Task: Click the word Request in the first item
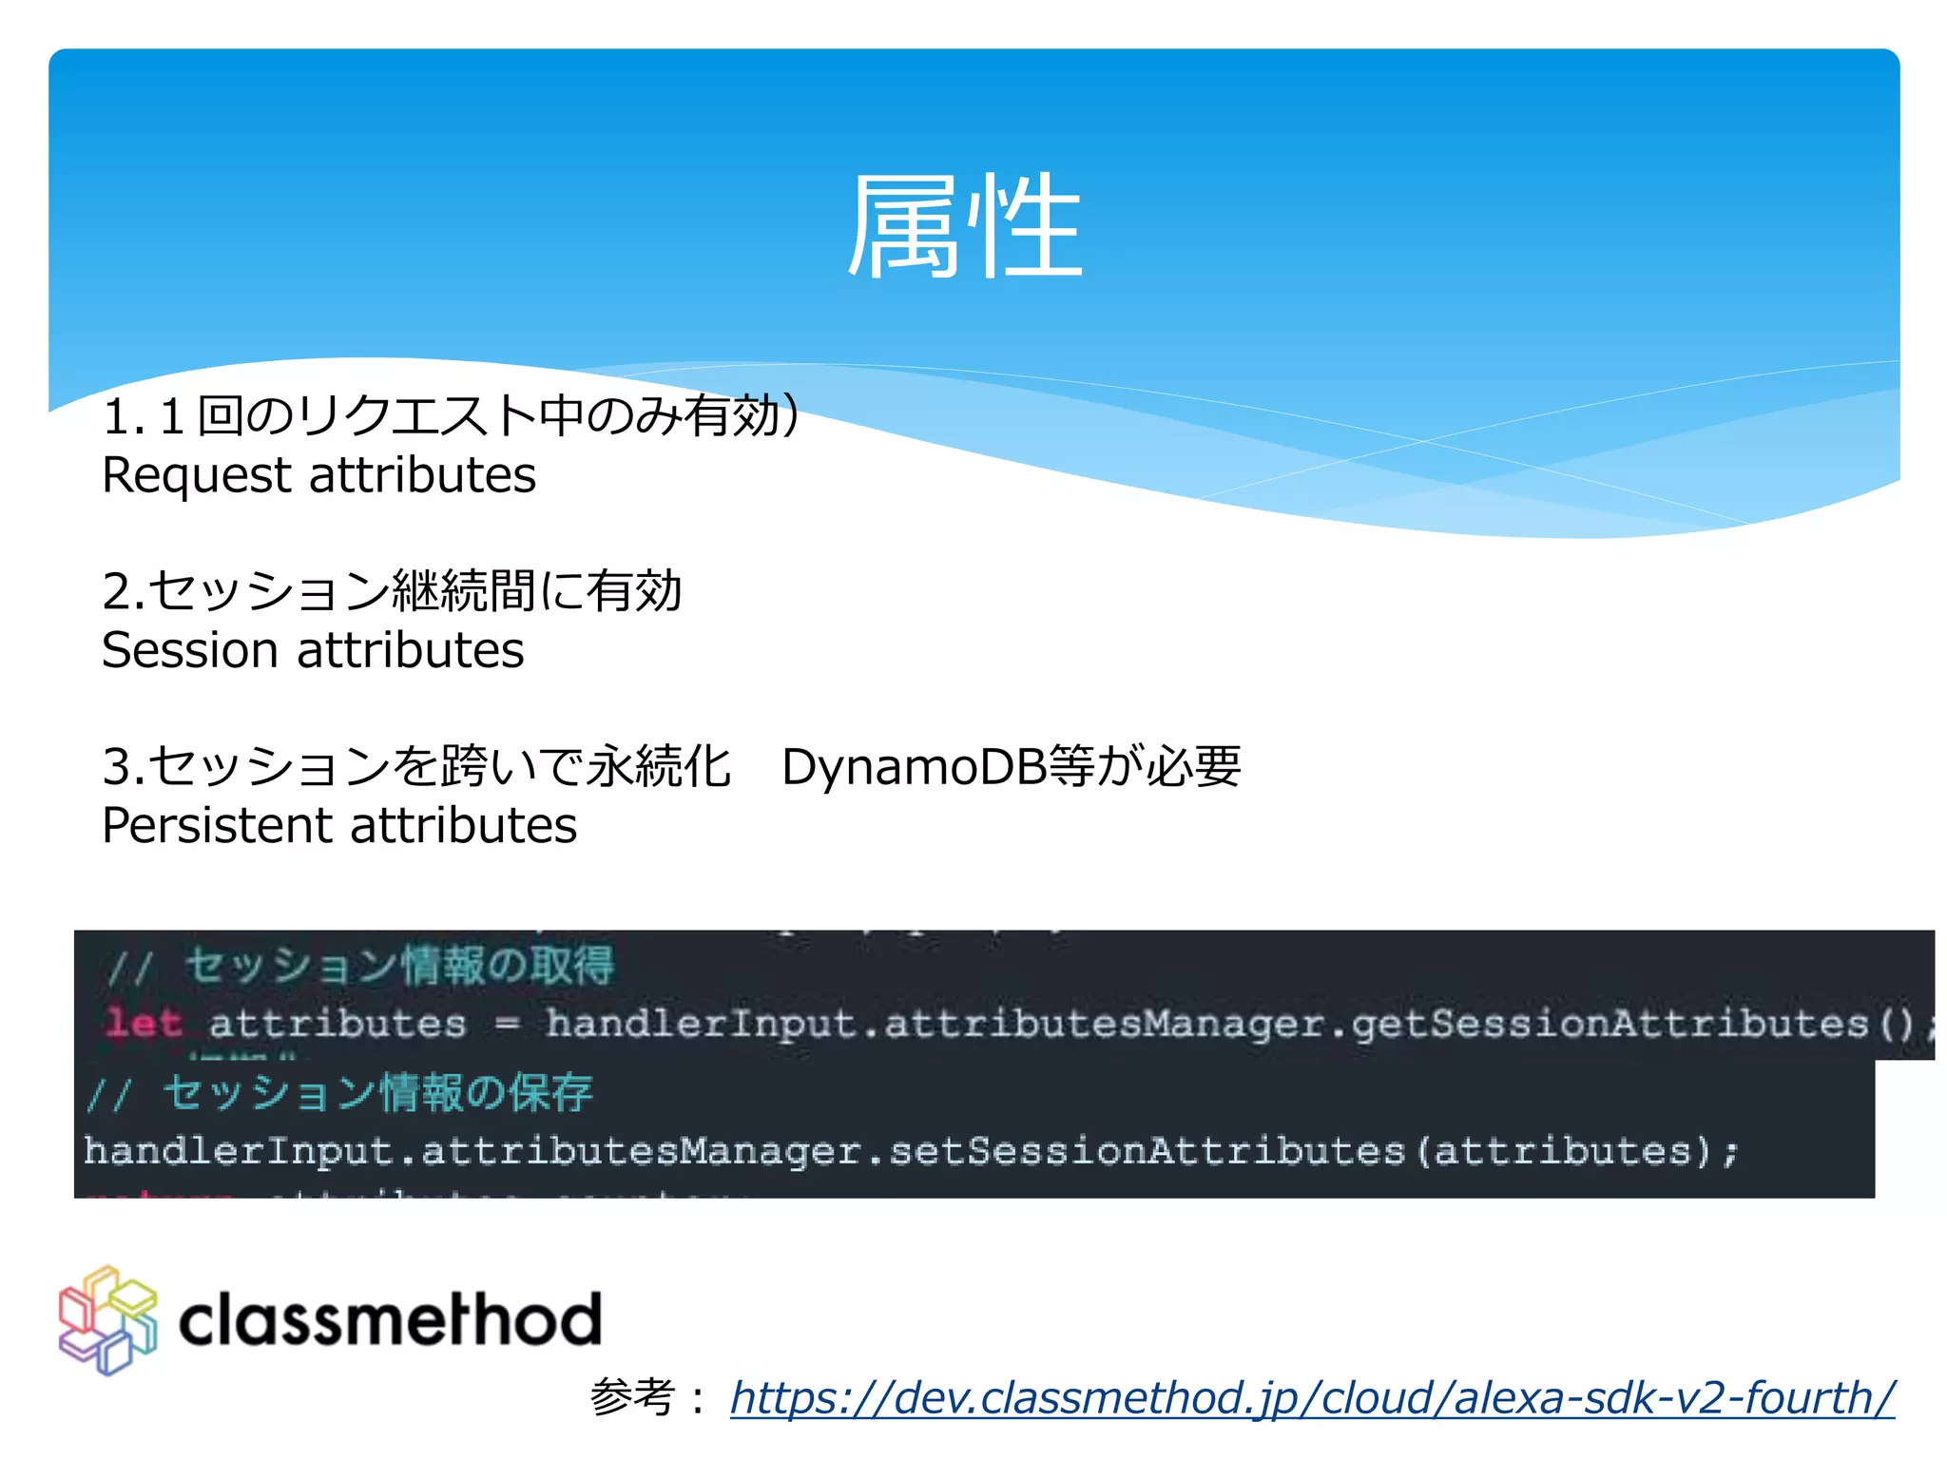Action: pyautogui.click(x=196, y=476)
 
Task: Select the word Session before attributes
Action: pyautogui.click(x=190, y=651)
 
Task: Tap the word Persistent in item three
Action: pyautogui.click(x=216, y=825)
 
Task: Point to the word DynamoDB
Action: pyautogui.click(x=914, y=767)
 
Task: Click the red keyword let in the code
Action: pyautogui.click(x=143, y=1024)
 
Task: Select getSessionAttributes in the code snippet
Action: pyautogui.click(x=1609, y=1024)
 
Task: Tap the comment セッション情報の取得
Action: pyautogui.click(x=399, y=966)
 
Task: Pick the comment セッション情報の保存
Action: pyautogui.click(x=377, y=1093)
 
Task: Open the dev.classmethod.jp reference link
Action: pyautogui.click(x=1312, y=1397)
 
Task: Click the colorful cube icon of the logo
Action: pyautogui.click(x=107, y=1320)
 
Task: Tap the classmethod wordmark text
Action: pyautogui.click(x=390, y=1320)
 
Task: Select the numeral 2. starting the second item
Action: pyautogui.click(x=123, y=592)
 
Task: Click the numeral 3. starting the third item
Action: pyautogui.click(x=123, y=767)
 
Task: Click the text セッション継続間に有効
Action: pyautogui.click(x=415, y=591)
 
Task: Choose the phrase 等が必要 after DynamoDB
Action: pyautogui.click(x=1145, y=767)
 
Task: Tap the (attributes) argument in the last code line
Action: pyautogui.click(x=1563, y=1151)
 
